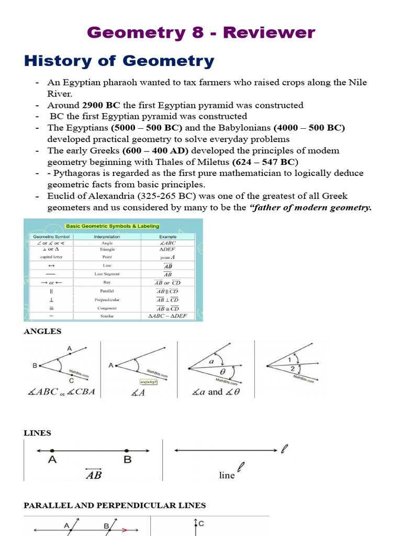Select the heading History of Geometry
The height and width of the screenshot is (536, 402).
click(x=119, y=61)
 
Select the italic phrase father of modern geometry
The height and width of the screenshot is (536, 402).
click(x=311, y=207)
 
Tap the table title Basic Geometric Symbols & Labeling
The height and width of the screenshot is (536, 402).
click(x=112, y=226)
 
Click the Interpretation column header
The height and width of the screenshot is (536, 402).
click(x=107, y=237)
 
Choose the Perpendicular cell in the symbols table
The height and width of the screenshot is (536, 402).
click(x=107, y=300)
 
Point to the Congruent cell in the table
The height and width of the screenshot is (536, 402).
click(x=107, y=308)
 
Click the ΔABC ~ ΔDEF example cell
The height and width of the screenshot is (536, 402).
click(x=167, y=317)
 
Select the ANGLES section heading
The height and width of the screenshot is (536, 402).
click(x=42, y=331)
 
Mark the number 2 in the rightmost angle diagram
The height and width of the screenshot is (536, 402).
click(x=292, y=370)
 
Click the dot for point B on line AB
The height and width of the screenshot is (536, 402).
click(x=127, y=450)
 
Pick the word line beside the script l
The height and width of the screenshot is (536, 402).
click(x=227, y=475)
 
